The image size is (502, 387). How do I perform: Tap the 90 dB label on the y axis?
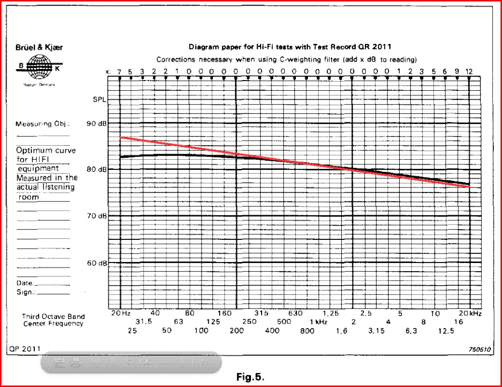pyautogui.click(x=96, y=123)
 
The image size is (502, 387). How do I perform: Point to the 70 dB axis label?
pyautogui.click(x=96, y=216)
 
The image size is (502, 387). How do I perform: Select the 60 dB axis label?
pyautogui.click(x=96, y=263)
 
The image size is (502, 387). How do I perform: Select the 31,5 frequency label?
pyautogui.click(x=144, y=321)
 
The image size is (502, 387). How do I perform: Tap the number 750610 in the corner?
pyautogui.click(x=478, y=349)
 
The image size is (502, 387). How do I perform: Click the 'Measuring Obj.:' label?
pyautogui.click(x=43, y=124)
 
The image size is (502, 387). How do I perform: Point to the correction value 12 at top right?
pyautogui.click(x=469, y=72)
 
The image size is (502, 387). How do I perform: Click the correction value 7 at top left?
pyautogui.click(x=119, y=72)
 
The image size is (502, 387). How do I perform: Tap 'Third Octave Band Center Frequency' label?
pyautogui.click(x=53, y=320)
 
